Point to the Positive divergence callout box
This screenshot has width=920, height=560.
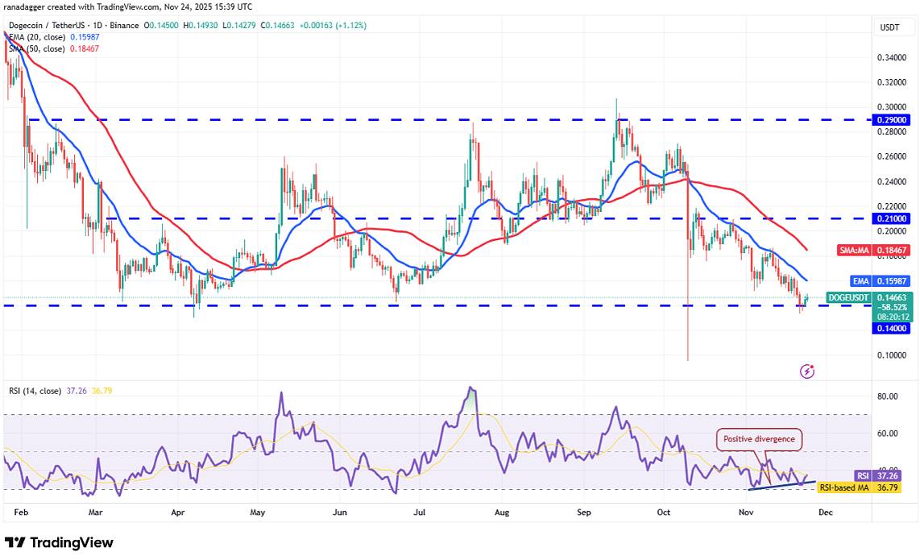[x=760, y=439]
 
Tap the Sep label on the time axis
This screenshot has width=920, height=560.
[x=585, y=512]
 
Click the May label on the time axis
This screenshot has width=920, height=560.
[x=258, y=512]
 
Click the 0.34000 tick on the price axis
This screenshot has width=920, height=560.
[x=890, y=58]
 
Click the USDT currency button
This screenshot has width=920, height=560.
[x=889, y=27]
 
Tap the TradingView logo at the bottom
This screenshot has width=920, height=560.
[x=59, y=543]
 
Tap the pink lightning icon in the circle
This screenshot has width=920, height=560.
[x=807, y=371]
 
